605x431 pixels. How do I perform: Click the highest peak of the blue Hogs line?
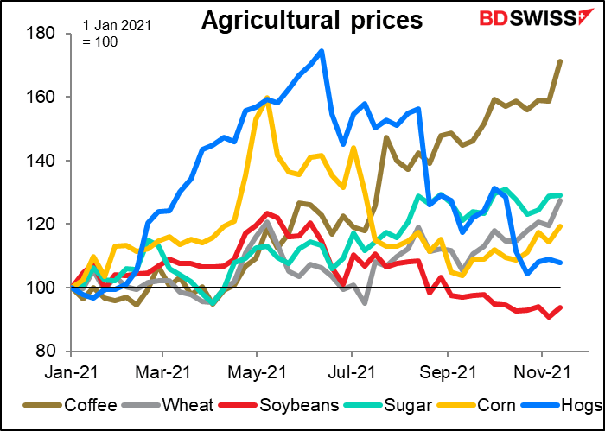322,51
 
